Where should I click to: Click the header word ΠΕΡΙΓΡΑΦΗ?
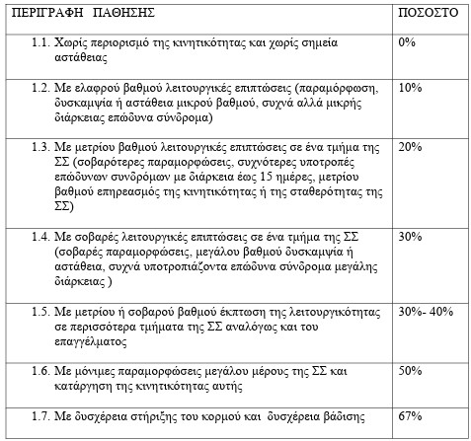[x=39, y=18]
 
